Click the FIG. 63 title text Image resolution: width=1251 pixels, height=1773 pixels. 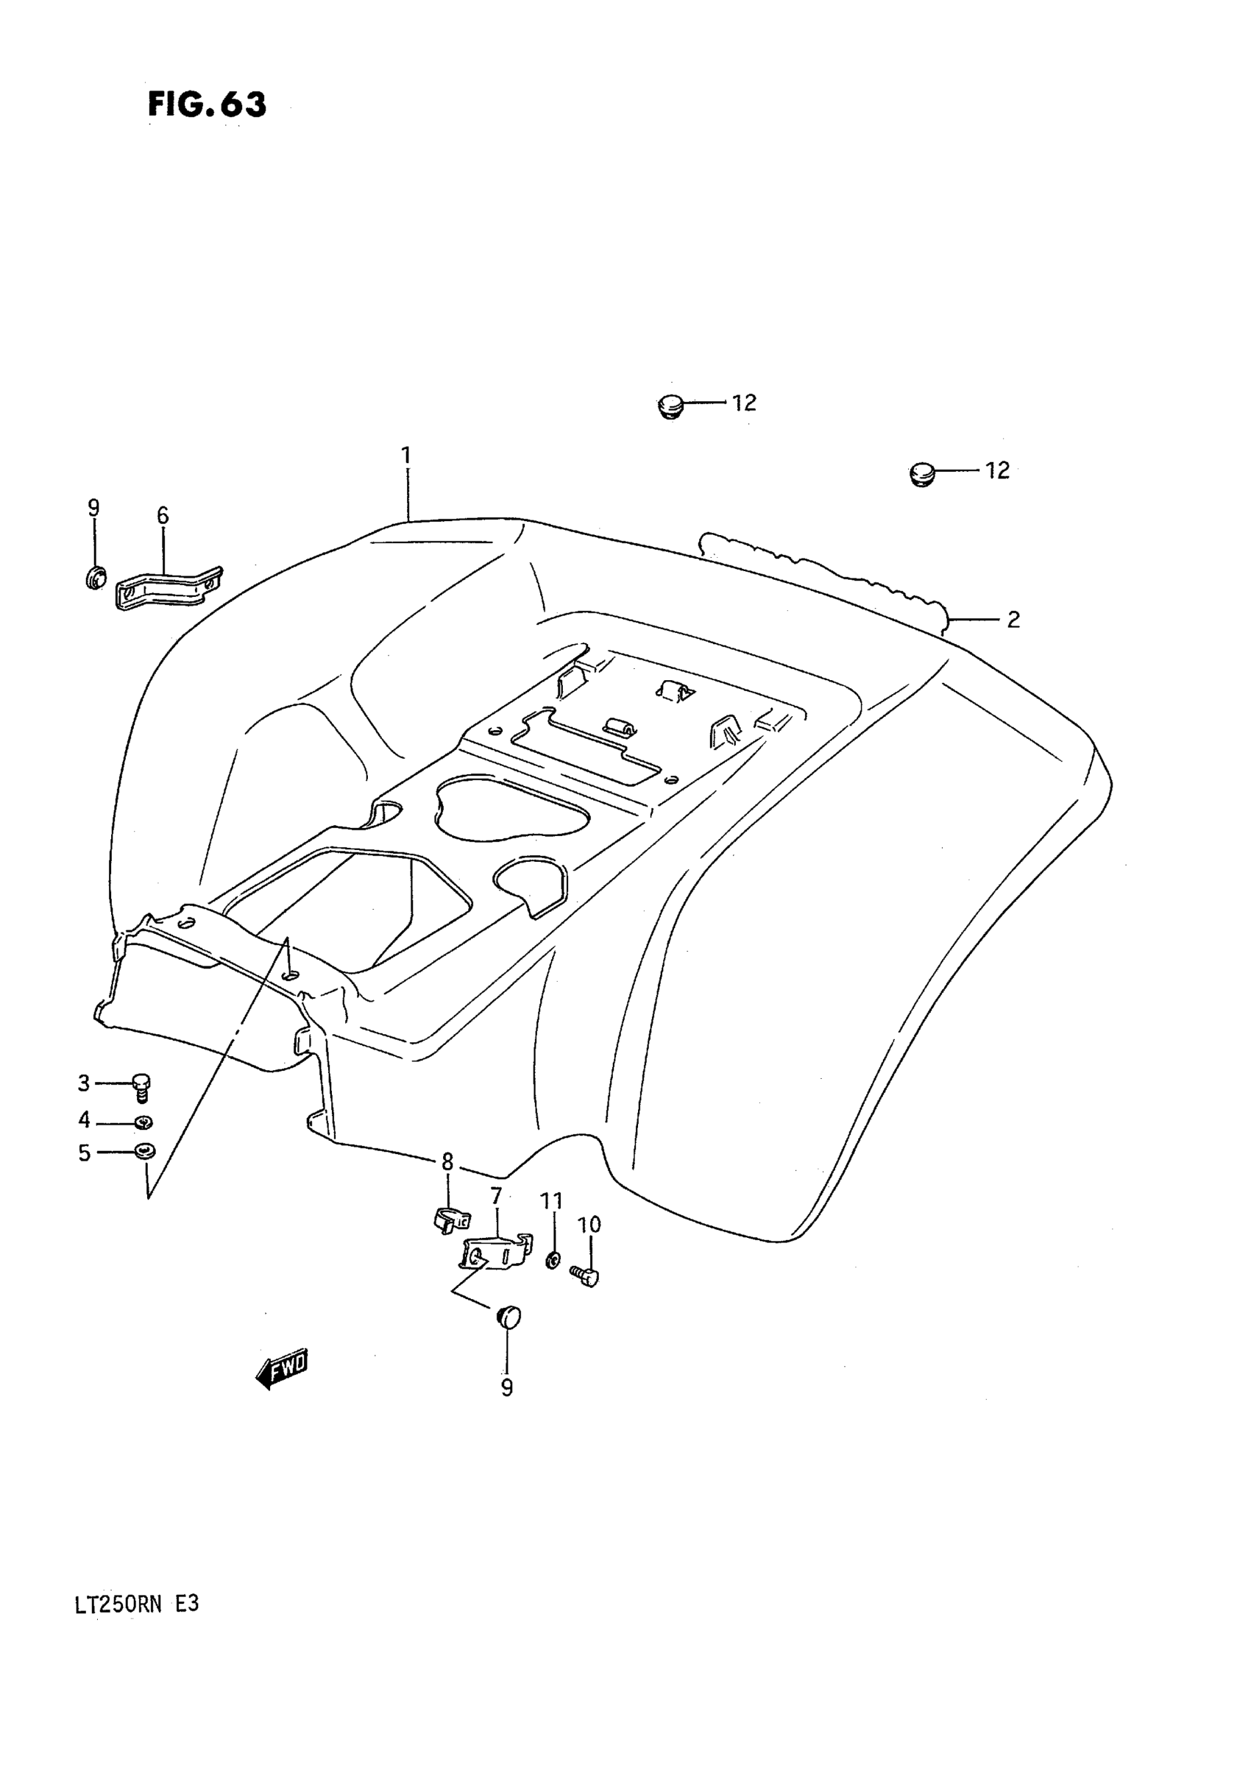[x=207, y=105]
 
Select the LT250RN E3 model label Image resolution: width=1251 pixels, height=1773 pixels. [x=138, y=1604]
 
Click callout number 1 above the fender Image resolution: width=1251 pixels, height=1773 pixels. [x=406, y=456]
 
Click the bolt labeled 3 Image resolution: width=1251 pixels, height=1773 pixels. [x=141, y=1086]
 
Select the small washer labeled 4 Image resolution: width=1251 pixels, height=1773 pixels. [x=143, y=1122]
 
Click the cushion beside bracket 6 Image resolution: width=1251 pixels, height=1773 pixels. [x=95, y=577]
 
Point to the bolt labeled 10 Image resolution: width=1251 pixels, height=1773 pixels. [x=586, y=1275]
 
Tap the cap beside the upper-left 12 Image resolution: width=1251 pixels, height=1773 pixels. [x=670, y=406]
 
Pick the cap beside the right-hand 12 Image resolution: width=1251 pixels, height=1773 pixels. [x=922, y=473]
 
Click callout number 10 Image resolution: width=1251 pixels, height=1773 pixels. [x=589, y=1225]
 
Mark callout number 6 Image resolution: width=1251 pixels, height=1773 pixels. [x=162, y=516]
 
